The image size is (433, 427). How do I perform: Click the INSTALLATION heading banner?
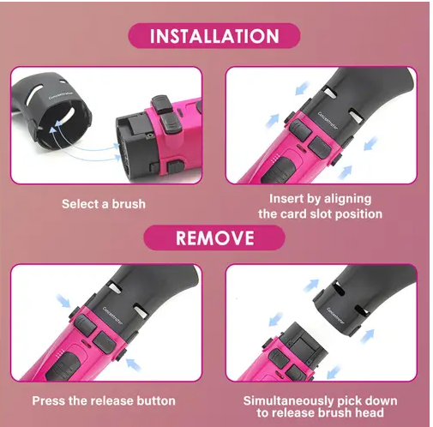214,36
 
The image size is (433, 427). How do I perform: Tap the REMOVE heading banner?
214,238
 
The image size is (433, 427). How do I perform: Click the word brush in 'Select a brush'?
129,204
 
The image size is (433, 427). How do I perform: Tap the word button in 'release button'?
156,400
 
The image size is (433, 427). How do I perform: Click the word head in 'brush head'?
370,412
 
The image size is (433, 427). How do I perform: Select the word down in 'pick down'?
382,400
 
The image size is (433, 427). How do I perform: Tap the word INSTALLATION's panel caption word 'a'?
105,205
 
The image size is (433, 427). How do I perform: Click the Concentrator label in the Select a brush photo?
61,95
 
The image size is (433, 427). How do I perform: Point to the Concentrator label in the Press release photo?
112,316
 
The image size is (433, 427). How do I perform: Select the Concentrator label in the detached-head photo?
335,316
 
